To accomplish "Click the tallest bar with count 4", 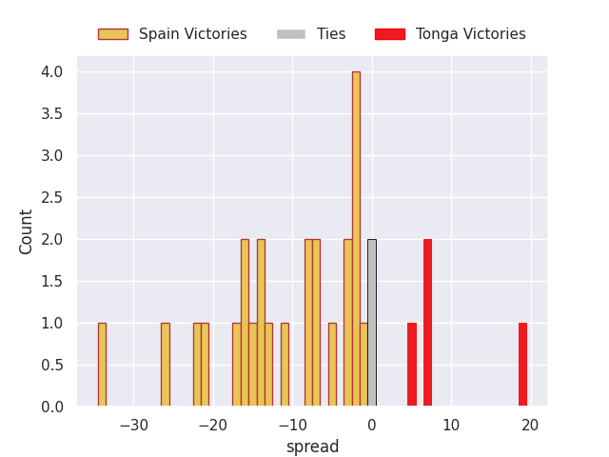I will tap(356, 238).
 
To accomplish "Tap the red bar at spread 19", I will tap(522, 364).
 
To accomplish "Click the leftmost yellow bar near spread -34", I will tap(102, 364).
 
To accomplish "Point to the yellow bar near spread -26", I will tap(166, 364).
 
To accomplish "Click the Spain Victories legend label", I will tap(192, 34).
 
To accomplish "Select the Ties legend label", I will tap(331, 34).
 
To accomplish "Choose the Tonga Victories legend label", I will tap(470, 34).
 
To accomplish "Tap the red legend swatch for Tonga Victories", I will tap(389, 34).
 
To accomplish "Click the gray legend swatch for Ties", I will tap(291, 34).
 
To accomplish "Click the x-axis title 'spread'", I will tap(312, 447).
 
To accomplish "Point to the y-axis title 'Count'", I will tap(27, 231).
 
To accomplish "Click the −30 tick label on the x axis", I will tap(133, 425).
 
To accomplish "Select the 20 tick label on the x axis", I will tap(530, 425).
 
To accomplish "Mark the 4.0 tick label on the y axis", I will tap(51, 71).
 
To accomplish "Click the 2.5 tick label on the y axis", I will tap(51, 197).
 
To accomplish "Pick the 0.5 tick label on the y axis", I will tap(51, 365).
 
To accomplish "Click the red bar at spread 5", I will tap(411, 364).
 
